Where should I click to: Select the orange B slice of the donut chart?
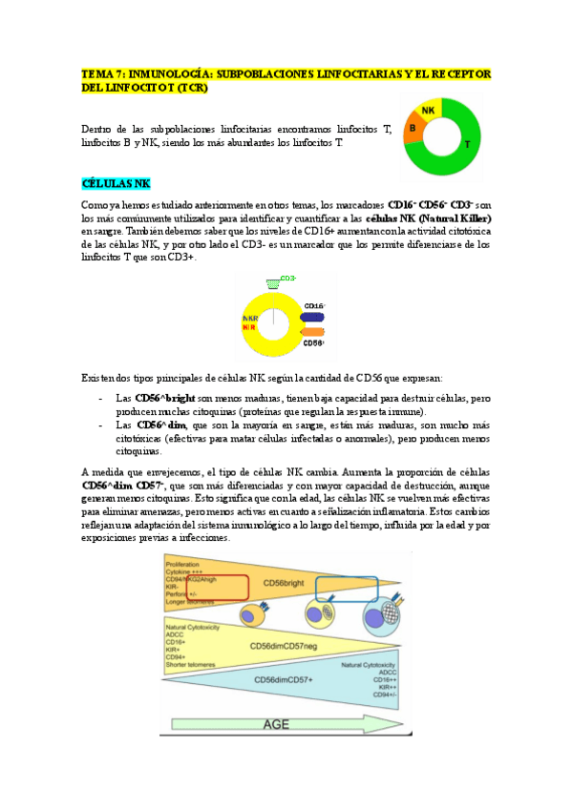pyautogui.click(x=413, y=130)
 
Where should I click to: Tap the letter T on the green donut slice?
pyautogui.click(x=467, y=144)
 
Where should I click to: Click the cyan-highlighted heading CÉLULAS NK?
pyautogui.click(x=116, y=183)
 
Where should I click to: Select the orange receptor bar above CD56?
pyautogui.click(x=313, y=333)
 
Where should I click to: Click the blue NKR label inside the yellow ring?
pyautogui.click(x=250, y=318)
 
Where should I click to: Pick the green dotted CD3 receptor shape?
pyautogui.click(x=273, y=284)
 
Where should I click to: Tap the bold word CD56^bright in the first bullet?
pyautogui.click(x=166, y=399)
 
